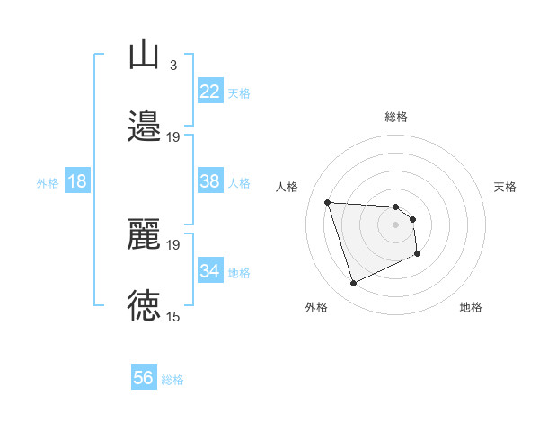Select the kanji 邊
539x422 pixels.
[144, 126]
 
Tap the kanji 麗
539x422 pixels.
[144, 234]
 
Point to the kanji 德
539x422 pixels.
[144, 305]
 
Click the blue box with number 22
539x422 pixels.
[210, 92]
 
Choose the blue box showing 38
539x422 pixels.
[210, 181]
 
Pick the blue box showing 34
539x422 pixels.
[210, 271]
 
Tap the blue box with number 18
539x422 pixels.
[77, 181]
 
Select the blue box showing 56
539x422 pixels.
[144, 378]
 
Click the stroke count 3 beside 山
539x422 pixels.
[173, 65]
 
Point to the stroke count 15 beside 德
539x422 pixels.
[173, 316]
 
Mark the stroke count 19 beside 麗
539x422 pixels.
[173, 244]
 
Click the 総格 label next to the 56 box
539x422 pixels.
[172, 380]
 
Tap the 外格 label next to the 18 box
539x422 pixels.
[48, 183]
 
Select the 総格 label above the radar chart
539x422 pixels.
[396, 117]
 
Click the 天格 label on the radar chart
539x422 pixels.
[506, 187]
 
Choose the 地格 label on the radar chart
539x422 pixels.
[471, 307]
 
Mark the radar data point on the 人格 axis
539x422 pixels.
[328, 202]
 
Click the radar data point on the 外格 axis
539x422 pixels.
[353, 284]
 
